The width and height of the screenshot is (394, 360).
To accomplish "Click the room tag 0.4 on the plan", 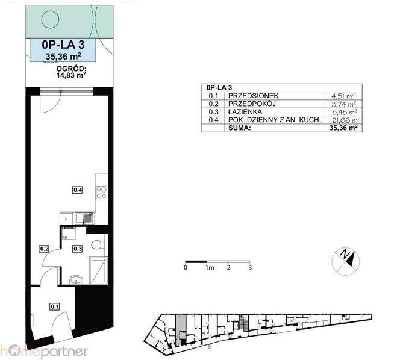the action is point(78,190).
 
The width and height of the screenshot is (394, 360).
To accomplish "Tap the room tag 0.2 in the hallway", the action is point(44,249).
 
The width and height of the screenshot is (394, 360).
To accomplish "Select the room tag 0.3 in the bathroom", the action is point(77,249).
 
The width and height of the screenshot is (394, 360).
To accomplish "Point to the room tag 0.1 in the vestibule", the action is point(55,306).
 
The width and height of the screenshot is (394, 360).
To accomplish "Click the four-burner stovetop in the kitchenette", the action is point(102,193).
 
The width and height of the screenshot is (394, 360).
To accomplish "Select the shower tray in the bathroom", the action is point(99,271).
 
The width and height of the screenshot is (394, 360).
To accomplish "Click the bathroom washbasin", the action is point(76,280).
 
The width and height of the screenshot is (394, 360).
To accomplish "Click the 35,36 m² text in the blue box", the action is point(63,56).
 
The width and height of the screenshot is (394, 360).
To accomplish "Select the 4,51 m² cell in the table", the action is point(343,96).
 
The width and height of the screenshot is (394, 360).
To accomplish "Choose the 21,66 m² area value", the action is point(346,120).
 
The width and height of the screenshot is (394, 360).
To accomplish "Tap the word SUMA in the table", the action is point(239,128).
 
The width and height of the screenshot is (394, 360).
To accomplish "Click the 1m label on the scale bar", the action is point(210,268).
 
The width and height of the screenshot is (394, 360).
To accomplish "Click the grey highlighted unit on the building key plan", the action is point(180,327).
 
